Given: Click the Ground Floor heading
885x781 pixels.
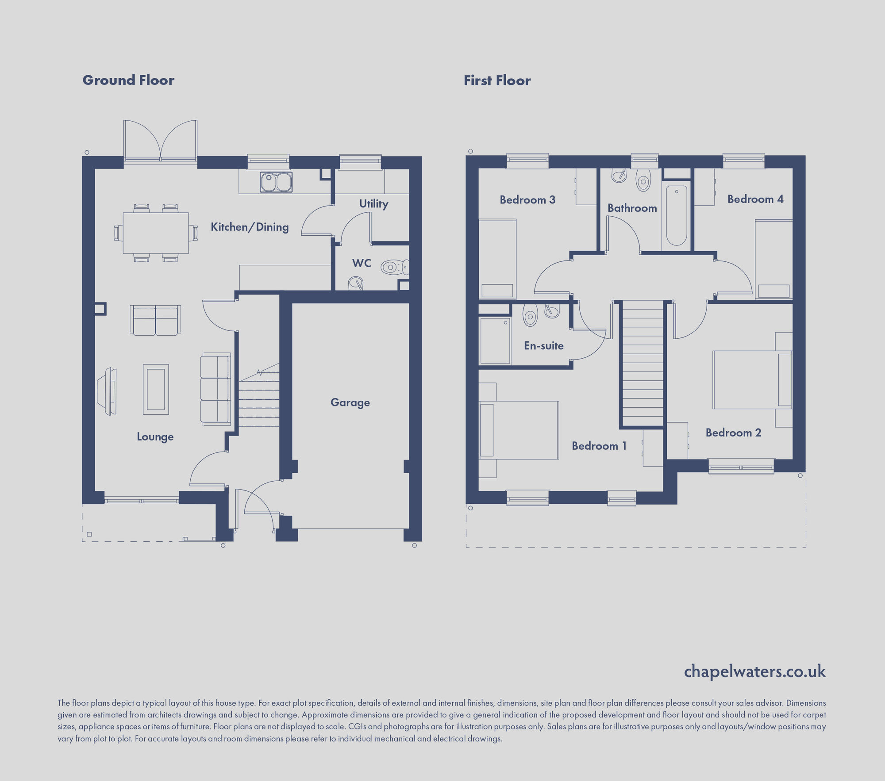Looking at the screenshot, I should [128, 80].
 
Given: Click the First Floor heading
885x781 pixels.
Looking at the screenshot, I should [497, 80].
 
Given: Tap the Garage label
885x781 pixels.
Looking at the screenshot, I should [350, 402].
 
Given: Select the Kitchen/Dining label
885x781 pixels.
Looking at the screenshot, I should [250, 227].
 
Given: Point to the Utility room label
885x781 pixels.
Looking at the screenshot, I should [373, 204].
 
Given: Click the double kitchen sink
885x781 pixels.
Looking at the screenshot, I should [276, 182].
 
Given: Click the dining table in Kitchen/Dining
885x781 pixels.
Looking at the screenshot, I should [156, 233].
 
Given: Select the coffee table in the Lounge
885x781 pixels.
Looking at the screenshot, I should [156, 389].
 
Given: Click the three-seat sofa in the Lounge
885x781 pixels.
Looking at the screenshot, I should [216, 389].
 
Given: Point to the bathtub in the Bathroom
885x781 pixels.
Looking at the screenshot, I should [677, 215].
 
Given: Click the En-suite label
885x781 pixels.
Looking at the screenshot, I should [544, 346].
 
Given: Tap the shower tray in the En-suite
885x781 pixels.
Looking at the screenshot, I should [495, 341].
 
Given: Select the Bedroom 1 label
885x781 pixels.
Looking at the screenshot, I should [599, 446].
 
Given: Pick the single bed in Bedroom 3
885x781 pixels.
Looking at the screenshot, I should [497, 259].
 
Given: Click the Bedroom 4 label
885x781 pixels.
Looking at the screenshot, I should [755, 199].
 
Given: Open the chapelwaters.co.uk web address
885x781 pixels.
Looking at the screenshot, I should [754, 671].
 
